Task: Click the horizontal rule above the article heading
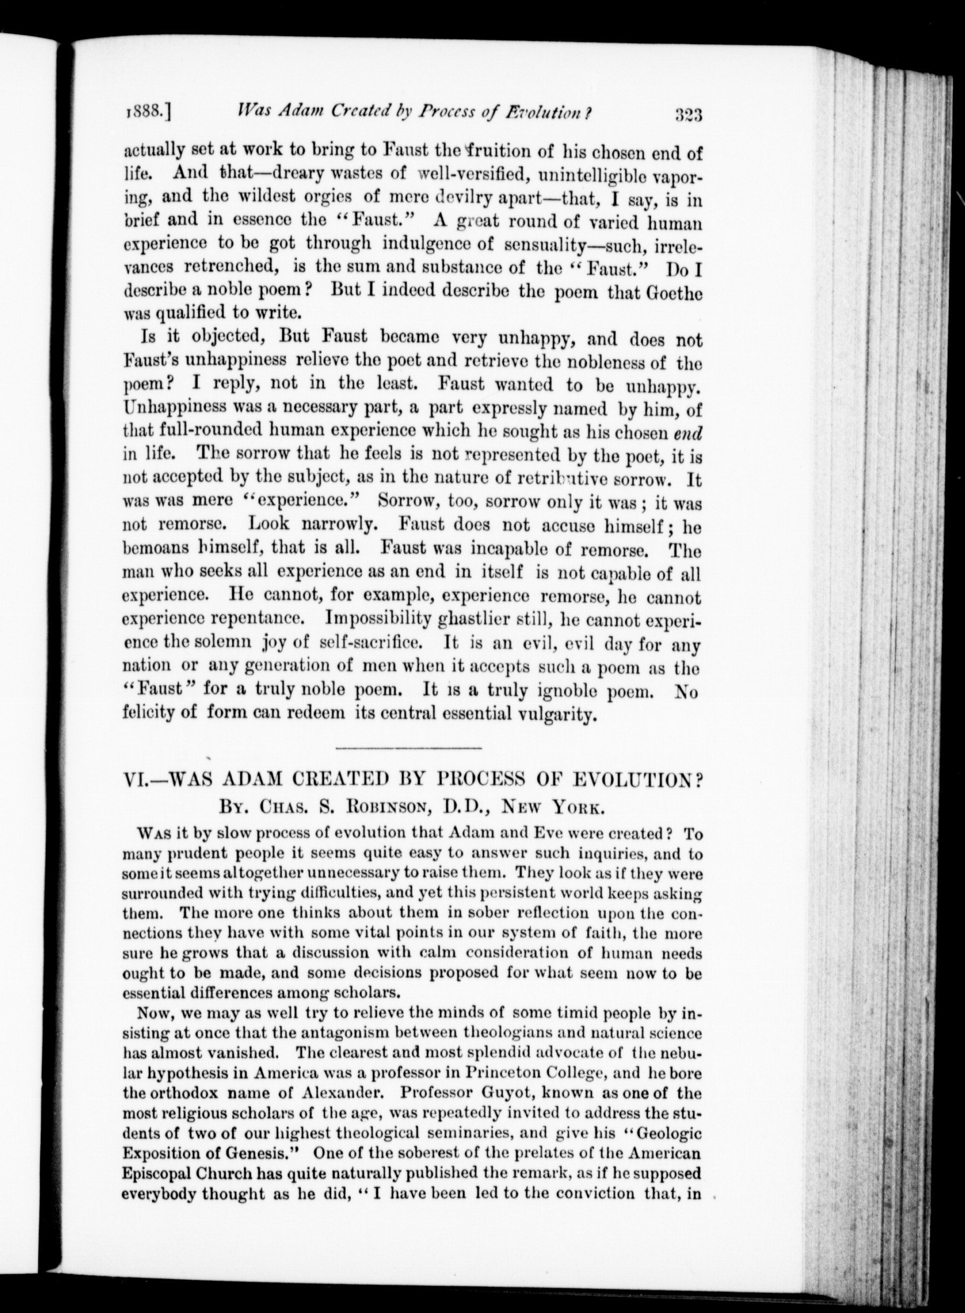(410, 748)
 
